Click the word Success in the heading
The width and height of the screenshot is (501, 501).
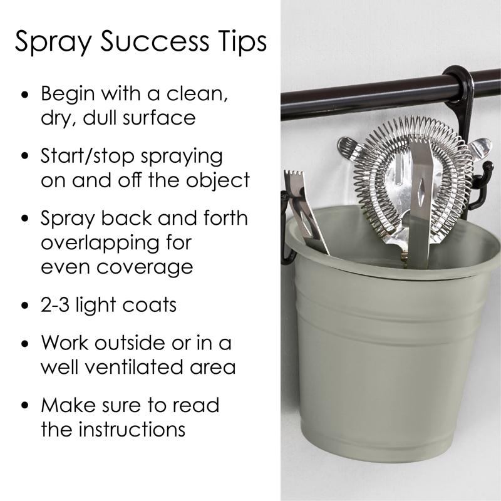point(155,41)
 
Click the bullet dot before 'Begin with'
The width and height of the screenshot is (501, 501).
point(24,95)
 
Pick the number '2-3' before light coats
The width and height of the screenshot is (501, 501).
point(54,304)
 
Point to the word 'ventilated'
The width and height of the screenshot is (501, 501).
point(134,366)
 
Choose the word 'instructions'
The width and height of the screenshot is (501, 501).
point(132,429)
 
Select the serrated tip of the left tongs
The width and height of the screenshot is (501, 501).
point(294,176)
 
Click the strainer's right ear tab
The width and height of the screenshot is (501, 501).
point(480,148)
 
